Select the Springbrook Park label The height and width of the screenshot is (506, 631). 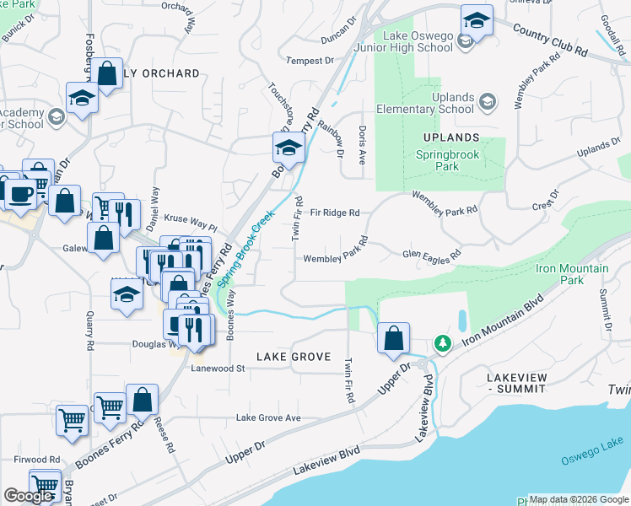coord(449,160)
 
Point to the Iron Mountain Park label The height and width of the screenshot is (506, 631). coord(572,273)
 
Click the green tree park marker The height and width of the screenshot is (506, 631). coord(441,343)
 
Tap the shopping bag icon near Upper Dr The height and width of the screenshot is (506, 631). coord(393,339)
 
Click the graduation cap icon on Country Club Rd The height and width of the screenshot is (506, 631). coord(477,21)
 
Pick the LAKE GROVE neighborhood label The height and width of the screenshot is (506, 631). coord(293,357)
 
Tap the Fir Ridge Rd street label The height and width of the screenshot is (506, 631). coord(335,213)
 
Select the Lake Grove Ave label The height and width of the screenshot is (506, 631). coord(268,417)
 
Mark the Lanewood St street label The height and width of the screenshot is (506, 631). coord(218,369)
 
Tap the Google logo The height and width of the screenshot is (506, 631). coord(28,497)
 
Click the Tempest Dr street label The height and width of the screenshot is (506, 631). coord(310,61)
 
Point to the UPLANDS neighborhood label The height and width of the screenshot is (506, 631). coord(453,137)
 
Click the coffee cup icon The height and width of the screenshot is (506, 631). coord(22,194)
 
